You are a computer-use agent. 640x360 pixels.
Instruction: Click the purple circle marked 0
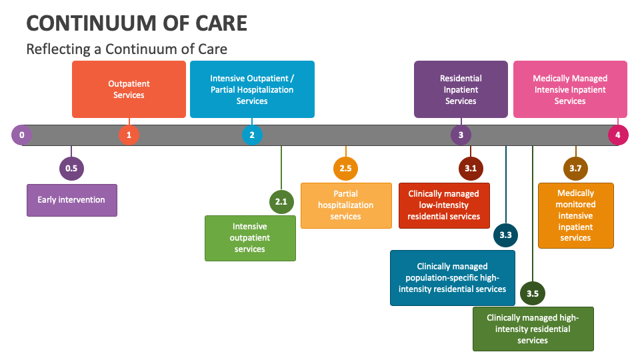pos(22,135)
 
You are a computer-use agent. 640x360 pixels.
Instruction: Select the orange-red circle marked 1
pos(129,135)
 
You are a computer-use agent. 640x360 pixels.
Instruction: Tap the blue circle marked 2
pos(252,135)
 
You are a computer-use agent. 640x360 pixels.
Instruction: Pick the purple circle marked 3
pos(461,135)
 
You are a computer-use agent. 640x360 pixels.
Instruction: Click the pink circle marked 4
pos(618,135)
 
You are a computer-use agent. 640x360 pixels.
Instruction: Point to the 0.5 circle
pos(71,168)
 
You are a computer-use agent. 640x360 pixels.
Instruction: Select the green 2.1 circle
pos(281,201)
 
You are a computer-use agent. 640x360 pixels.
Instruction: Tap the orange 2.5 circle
pos(345,168)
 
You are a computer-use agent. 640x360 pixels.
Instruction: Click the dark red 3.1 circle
pos(471,168)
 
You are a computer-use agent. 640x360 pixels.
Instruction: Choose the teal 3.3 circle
pos(505,235)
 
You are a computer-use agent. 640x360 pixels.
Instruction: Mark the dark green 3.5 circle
pos(533,293)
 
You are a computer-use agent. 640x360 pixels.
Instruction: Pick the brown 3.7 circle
pos(575,168)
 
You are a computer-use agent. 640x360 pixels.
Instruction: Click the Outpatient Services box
pos(129,89)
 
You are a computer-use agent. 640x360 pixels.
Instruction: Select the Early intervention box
pos(71,200)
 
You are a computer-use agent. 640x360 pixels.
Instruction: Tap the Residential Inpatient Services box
pos(461,89)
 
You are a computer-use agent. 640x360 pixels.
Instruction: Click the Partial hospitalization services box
pos(346,205)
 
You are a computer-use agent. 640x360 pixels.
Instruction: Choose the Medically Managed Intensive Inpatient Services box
pos(570,89)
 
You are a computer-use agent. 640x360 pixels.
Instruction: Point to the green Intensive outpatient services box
pos(250,238)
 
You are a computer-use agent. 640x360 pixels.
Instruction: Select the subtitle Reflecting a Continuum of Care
pos(127,49)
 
